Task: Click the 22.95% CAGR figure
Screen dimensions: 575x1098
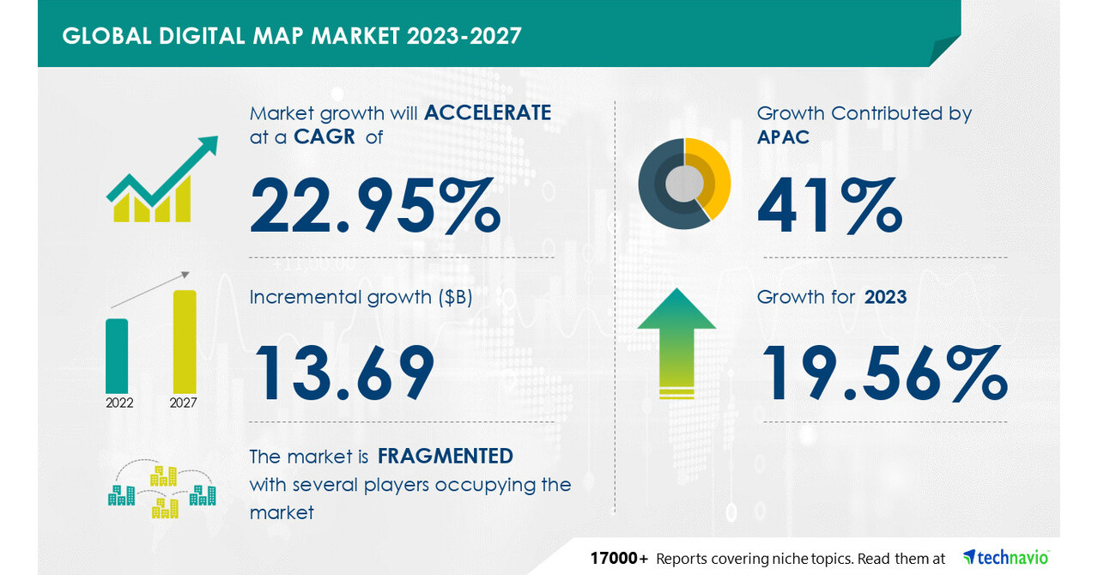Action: click(375, 206)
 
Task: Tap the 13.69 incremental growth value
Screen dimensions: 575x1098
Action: click(342, 372)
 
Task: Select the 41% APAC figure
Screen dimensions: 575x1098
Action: click(829, 206)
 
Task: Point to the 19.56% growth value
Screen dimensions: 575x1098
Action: click(884, 372)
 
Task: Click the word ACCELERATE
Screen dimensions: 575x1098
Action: click(488, 112)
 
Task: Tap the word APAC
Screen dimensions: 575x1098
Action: click(783, 137)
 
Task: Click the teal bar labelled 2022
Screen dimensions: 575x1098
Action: click(117, 355)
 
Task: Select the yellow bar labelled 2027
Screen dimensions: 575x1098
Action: click(185, 342)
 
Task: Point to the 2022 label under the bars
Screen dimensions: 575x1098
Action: click(119, 402)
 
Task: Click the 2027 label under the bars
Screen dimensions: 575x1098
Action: click(184, 402)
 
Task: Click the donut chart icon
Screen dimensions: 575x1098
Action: click(684, 184)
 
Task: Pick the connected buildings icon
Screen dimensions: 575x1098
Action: click(161, 491)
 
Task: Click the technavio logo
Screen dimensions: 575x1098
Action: click(1005, 558)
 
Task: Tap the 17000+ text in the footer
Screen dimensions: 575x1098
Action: click(619, 559)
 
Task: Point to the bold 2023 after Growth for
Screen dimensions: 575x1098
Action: click(885, 298)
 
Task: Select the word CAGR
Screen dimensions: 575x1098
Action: click(324, 137)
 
